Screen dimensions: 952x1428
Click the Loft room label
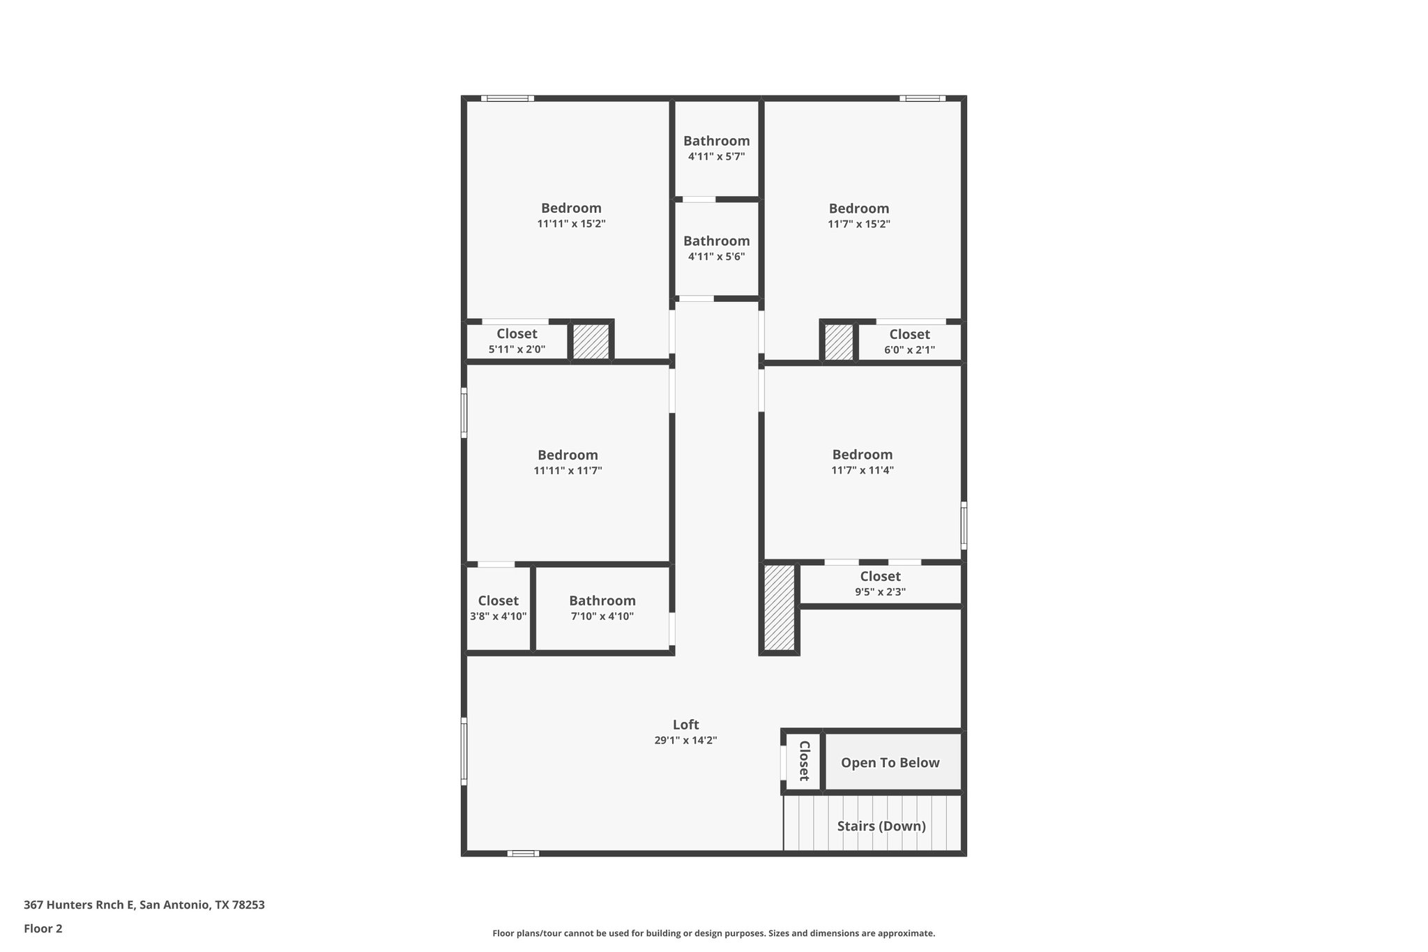(x=685, y=725)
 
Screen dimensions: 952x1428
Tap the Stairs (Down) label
(x=881, y=826)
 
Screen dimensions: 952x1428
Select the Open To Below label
(x=890, y=763)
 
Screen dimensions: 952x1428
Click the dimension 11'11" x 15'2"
(x=571, y=224)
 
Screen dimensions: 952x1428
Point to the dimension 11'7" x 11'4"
(x=862, y=471)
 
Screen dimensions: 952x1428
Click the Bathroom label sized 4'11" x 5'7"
(x=716, y=141)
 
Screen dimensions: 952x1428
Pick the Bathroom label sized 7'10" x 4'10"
(x=602, y=600)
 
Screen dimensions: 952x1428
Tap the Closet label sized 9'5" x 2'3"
(x=880, y=576)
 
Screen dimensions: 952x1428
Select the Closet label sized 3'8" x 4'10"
(x=498, y=600)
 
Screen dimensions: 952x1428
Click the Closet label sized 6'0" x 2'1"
(x=909, y=334)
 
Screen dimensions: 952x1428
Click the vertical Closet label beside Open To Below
(x=803, y=761)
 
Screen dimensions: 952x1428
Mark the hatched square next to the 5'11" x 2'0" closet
(x=591, y=342)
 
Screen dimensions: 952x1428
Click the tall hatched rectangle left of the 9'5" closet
(x=779, y=607)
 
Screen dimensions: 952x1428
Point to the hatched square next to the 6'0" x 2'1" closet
(x=839, y=342)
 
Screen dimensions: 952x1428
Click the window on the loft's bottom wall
(x=523, y=853)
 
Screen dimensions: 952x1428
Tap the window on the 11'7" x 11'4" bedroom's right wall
(x=964, y=525)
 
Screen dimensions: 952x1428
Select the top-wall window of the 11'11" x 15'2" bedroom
(x=508, y=98)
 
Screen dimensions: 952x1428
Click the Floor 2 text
(x=43, y=928)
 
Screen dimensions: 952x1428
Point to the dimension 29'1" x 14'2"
(x=685, y=741)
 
